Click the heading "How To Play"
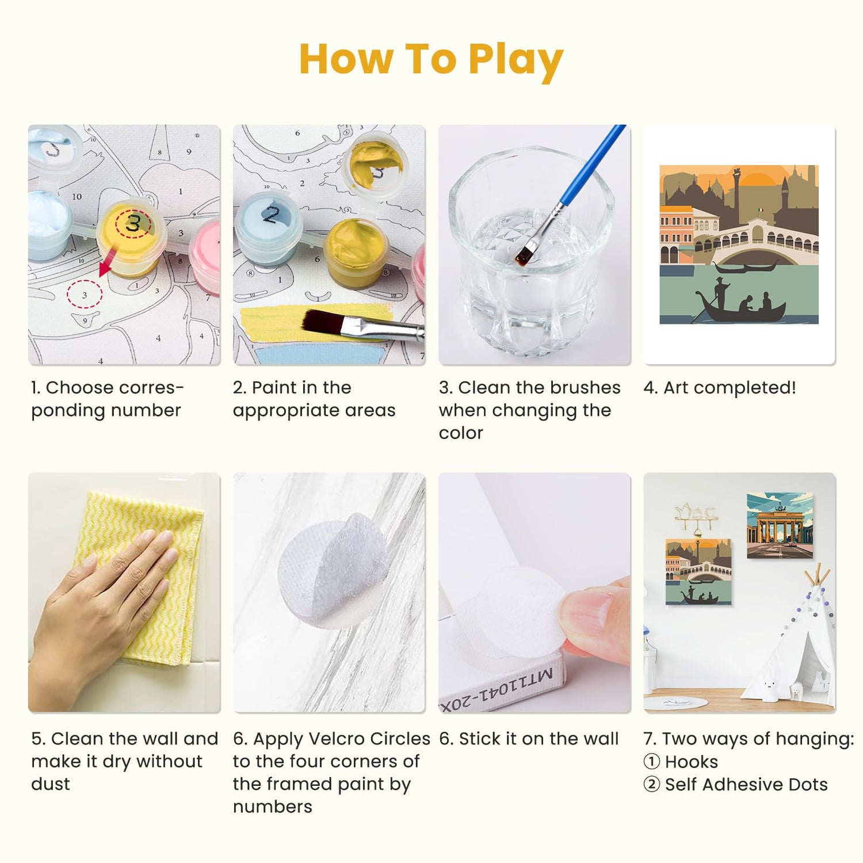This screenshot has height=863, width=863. tap(431, 60)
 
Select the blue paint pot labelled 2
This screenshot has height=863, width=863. tap(269, 227)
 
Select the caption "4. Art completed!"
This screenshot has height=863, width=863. tap(720, 388)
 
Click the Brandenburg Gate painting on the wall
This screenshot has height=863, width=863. tap(780, 525)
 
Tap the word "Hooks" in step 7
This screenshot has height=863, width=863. tap(692, 762)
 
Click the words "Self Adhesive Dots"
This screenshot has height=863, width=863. tap(746, 784)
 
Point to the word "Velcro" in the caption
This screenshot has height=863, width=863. tap(335, 739)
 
